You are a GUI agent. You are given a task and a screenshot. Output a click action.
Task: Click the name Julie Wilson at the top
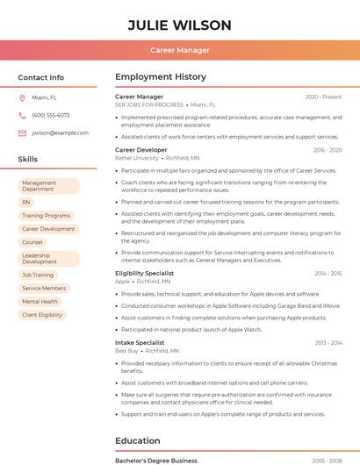180,25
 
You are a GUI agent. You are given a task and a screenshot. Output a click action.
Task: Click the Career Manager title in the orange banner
180,51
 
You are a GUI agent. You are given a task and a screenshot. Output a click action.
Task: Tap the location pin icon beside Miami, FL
22,98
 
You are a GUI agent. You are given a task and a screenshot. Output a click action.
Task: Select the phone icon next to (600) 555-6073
22,116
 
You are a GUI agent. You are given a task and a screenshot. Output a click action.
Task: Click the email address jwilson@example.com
60,132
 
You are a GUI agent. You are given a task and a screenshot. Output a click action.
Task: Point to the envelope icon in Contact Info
22,132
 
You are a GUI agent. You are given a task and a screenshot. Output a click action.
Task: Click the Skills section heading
28,160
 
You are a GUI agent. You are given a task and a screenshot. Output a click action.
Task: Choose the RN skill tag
26,202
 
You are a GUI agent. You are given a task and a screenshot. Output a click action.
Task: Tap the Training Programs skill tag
46,215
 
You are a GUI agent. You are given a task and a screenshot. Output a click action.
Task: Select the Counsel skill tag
32,242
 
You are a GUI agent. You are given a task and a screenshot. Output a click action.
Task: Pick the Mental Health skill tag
40,301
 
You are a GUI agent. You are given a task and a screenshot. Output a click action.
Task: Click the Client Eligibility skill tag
42,314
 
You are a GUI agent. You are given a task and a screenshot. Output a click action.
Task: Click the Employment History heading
161,77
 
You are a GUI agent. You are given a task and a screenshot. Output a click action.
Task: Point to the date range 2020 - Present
323,97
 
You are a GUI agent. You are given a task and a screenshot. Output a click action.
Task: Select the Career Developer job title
141,150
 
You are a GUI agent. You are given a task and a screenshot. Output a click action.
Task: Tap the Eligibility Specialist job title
144,273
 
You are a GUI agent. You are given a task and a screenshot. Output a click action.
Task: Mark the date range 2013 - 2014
328,342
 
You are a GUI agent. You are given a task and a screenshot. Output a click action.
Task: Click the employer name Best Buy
126,350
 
